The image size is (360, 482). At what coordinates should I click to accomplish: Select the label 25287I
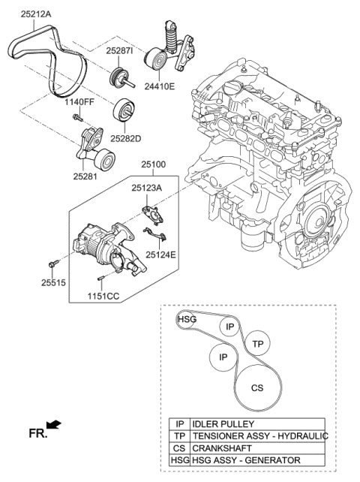(x=118, y=50)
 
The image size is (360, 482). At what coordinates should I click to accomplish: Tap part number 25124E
(x=161, y=255)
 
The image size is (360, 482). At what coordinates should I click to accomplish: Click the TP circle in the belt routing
(x=258, y=343)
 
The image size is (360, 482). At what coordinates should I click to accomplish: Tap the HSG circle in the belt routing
(x=187, y=320)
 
